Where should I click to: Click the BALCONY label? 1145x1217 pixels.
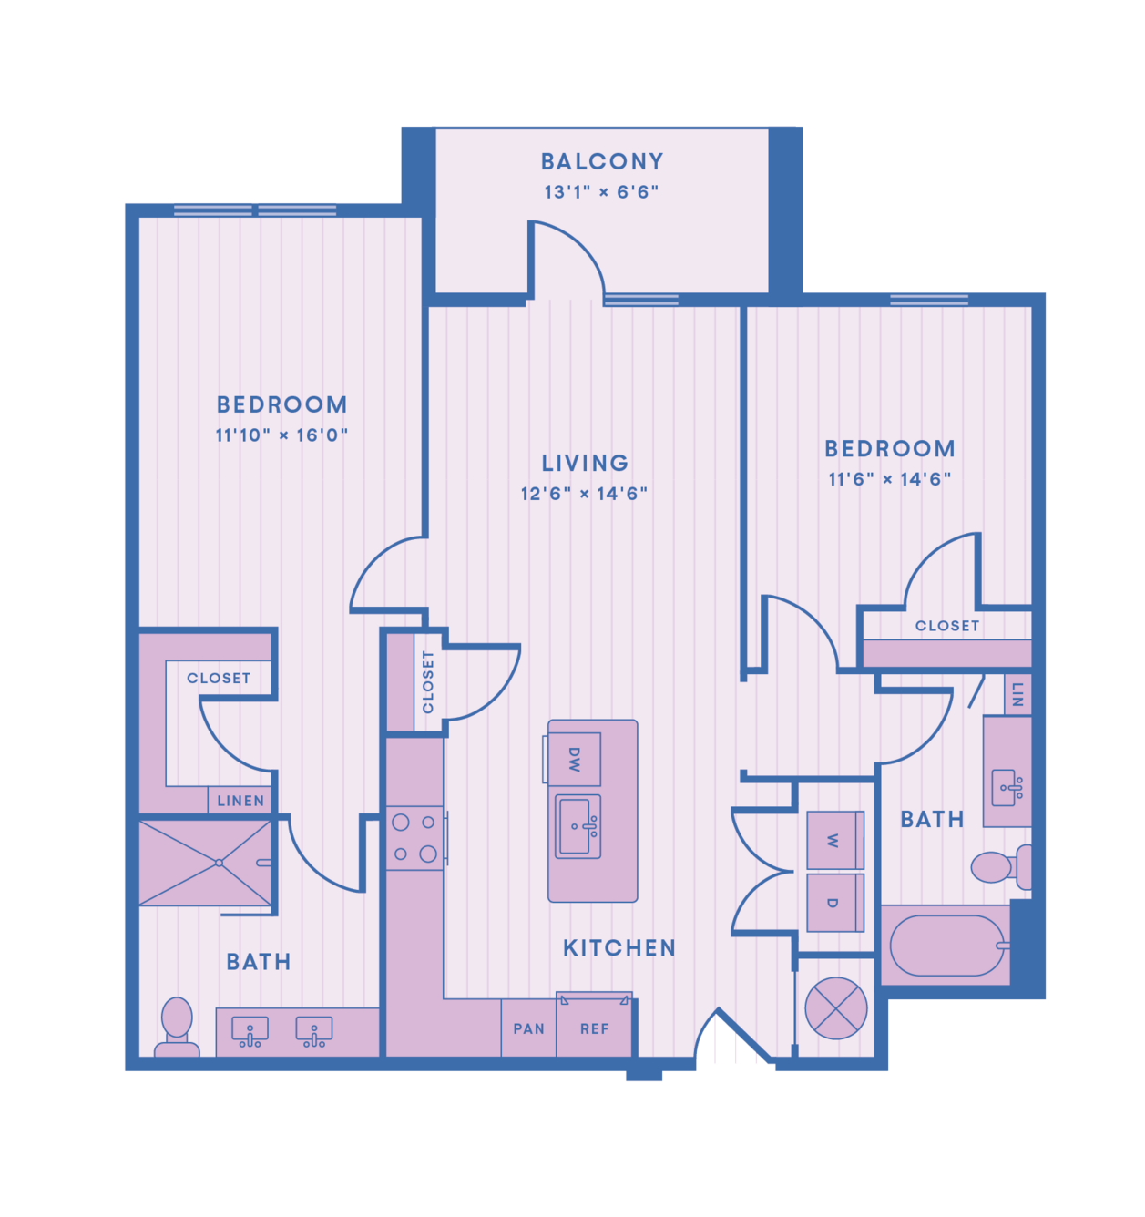click(601, 162)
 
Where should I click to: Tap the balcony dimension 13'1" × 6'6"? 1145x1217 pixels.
click(601, 192)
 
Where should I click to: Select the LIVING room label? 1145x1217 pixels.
click(585, 464)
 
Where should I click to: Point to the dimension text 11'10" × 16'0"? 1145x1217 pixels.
click(281, 435)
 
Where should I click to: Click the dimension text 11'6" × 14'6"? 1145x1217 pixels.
click(889, 479)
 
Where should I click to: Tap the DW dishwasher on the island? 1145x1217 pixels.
click(574, 759)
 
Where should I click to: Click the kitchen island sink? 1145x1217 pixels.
click(578, 826)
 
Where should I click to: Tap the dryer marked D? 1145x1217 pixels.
click(835, 903)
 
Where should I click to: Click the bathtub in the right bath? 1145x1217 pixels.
click(946, 946)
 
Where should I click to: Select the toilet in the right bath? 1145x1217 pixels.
click(1000, 867)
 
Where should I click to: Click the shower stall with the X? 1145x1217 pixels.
click(205, 864)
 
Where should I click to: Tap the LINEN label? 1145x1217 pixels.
click(240, 801)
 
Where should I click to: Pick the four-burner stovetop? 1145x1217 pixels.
click(415, 838)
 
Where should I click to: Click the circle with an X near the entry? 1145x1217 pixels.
click(835, 1008)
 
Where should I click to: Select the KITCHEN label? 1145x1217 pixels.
click(619, 948)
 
